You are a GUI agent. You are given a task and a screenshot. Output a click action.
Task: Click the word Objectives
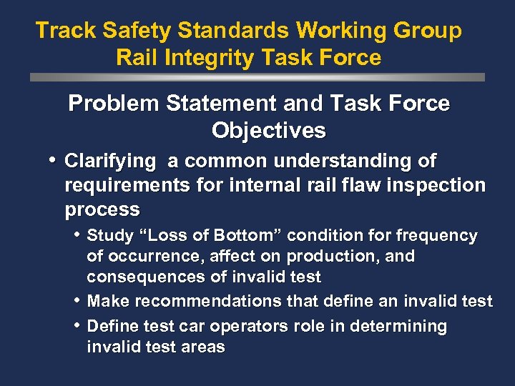tap(268, 131)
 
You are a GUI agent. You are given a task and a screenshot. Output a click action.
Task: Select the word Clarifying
tap(109, 162)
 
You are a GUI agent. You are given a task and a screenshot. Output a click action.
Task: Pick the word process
tap(102, 210)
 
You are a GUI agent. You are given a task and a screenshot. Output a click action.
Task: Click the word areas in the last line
tap(204, 347)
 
